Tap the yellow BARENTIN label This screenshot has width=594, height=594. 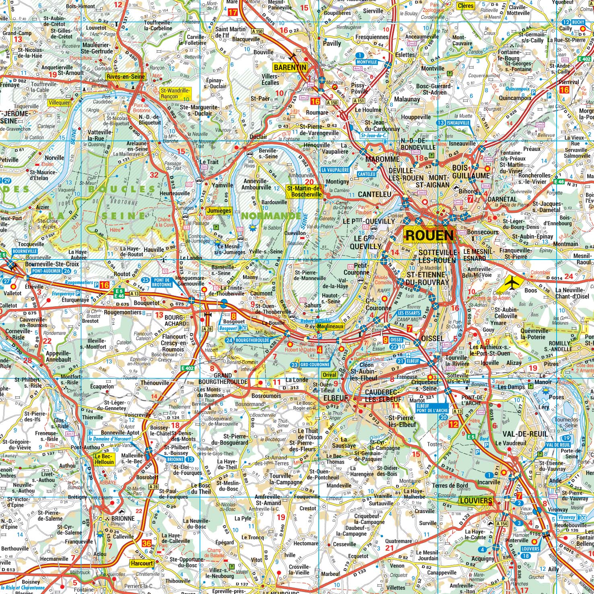(x=290, y=67)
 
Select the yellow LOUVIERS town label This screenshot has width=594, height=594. (x=475, y=501)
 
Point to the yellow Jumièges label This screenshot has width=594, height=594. (x=219, y=210)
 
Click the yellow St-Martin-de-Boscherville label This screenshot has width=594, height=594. (x=304, y=191)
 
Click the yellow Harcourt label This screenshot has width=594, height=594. (x=142, y=563)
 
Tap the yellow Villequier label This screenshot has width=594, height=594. (x=58, y=103)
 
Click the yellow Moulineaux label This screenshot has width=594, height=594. (x=332, y=326)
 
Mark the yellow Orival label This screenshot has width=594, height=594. (x=329, y=375)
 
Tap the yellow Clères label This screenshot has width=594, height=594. (x=466, y=6)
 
